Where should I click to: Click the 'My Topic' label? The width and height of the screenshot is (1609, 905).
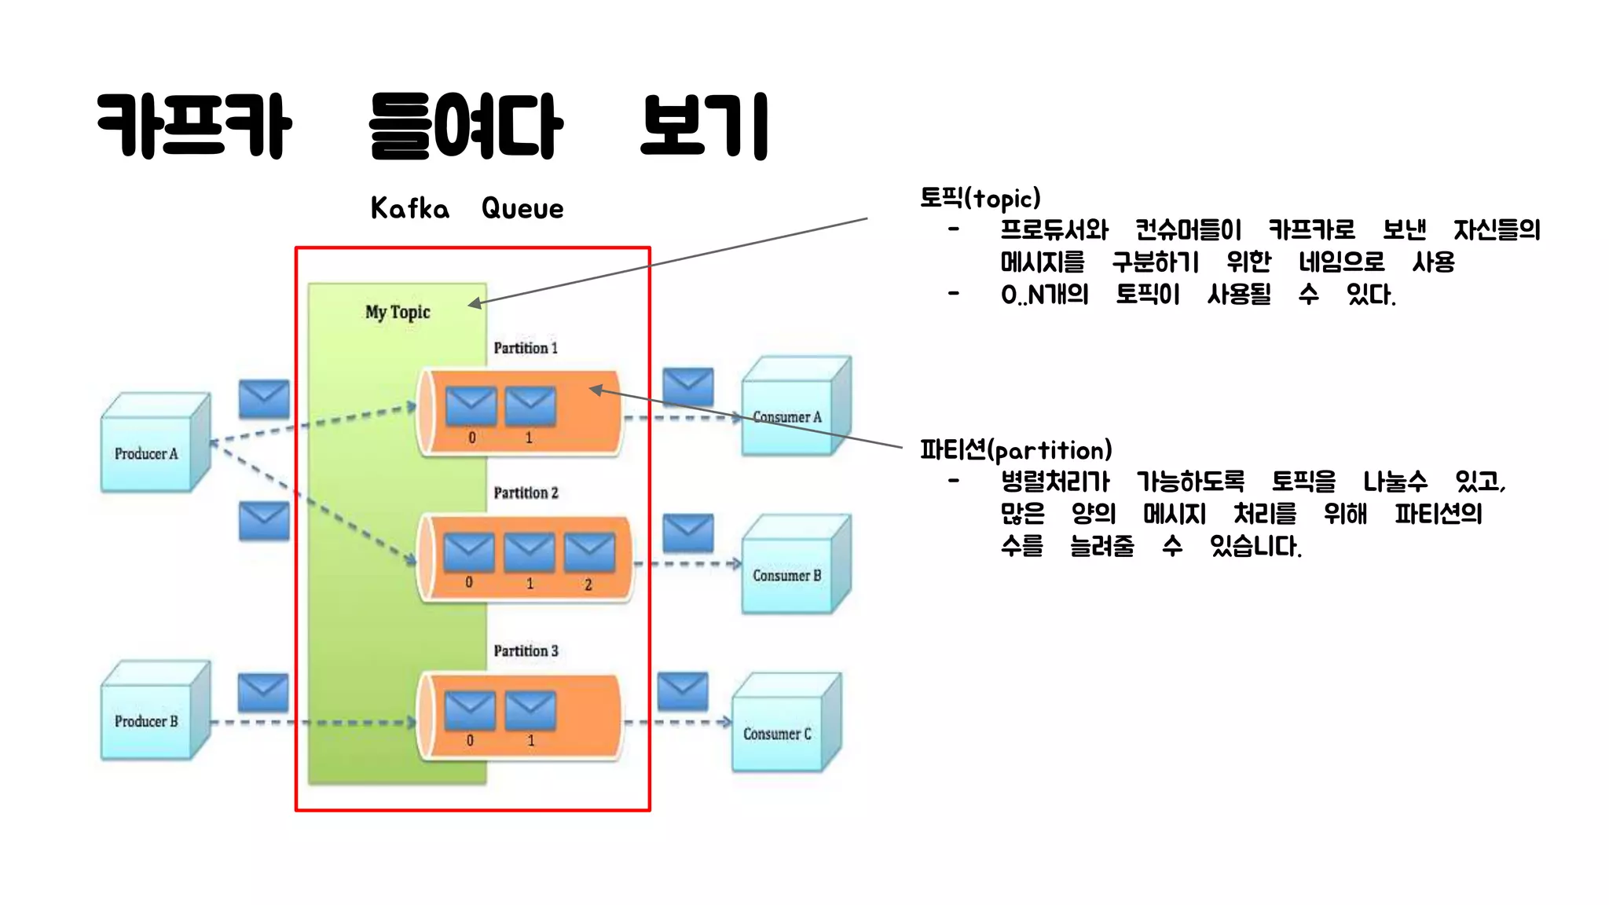point(398,312)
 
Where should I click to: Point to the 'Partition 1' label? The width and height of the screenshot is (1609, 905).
point(526,348)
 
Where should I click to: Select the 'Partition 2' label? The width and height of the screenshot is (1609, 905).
point(526,493)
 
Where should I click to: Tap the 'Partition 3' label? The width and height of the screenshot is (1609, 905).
point(526,650)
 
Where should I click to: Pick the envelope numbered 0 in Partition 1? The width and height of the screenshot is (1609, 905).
point(471,405)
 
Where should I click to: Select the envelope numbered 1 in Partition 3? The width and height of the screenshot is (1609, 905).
point(530,709)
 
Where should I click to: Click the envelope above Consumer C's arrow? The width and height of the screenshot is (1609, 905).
point(683,691)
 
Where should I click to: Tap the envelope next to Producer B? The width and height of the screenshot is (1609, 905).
point(263,692)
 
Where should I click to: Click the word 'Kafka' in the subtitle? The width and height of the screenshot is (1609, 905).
point(410,208)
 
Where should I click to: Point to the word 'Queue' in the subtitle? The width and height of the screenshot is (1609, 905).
point(522,208)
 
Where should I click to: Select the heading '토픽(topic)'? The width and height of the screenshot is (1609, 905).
point(980,198)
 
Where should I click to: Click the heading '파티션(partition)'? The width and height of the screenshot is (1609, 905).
point(1016,450)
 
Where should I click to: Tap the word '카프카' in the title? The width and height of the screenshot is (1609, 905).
point(194,126)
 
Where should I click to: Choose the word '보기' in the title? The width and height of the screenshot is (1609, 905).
point(704,126)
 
